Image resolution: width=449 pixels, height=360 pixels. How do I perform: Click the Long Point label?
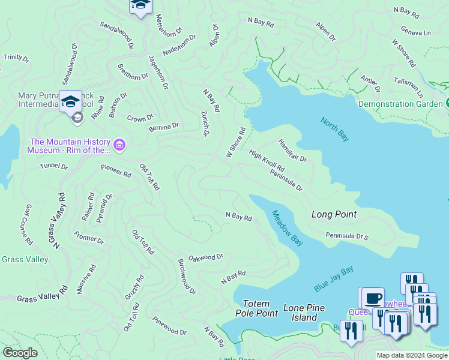tap(334, 214)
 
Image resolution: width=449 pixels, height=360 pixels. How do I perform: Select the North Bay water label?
tap(334, 129)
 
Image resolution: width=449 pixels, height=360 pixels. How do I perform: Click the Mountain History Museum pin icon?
tap(119, 145)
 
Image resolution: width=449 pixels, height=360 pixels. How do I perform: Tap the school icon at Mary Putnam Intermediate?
tap(70, 101)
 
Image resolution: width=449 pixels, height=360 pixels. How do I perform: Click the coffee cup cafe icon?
tap(373, 297)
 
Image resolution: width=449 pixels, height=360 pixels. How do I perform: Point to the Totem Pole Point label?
tap(260, 308)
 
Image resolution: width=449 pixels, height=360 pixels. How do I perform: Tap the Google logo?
tap(20, 353)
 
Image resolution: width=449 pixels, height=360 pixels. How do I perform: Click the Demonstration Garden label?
tap(400, 104)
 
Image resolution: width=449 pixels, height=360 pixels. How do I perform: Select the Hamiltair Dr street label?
tap(292, 151)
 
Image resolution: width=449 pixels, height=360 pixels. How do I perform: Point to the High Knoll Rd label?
tap(267, 161)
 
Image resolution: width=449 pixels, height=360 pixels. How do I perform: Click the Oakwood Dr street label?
tap(206, 257)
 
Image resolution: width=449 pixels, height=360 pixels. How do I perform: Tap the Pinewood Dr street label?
tap(169, 326)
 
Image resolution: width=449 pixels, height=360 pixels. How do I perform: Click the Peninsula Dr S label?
tap(346, 236)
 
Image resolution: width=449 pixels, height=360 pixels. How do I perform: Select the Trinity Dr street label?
tap(16, 58)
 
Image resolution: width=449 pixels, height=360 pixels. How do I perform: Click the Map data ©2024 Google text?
tap(411, 355)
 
